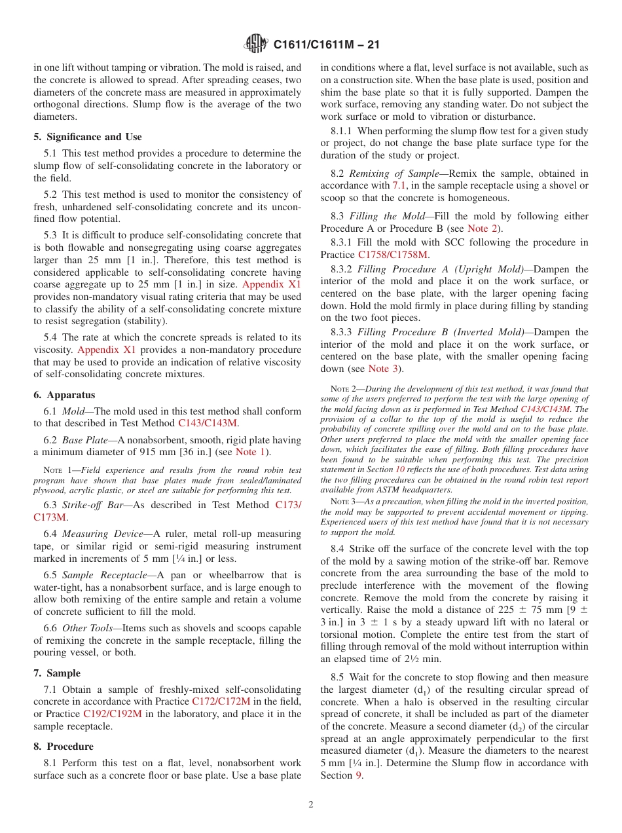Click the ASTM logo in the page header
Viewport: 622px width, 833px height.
click(255, 45)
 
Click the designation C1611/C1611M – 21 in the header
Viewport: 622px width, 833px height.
click(326, 45)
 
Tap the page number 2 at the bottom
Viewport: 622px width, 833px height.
click(311, 805)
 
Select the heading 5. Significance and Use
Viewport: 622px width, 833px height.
click(87, 137)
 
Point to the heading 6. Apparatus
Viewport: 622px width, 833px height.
click(64, 395)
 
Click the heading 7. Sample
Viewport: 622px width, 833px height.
click(57, 673)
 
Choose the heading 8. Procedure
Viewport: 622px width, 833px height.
click(64, 747)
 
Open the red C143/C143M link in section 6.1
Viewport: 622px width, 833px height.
click(207, 423)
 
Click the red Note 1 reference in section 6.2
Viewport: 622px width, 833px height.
click(249, 452)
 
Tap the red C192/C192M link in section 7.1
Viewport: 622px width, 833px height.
click(112, 714)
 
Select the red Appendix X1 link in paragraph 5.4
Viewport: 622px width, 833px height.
click(106, 350)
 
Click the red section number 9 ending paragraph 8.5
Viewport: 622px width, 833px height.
click(358, 775)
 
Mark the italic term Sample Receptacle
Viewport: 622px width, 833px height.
click(100, 575)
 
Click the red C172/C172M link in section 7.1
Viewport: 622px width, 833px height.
click(221, 701)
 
